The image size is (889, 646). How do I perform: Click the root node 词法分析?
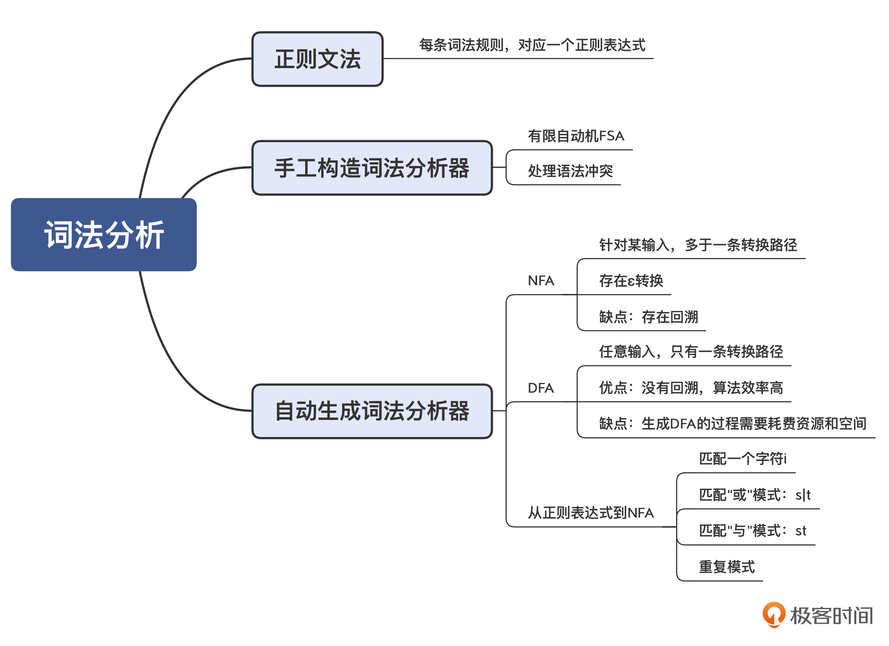104,234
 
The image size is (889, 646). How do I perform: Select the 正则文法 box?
317,59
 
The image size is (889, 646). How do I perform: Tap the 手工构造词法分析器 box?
372,168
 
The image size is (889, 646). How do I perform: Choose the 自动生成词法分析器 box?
372,411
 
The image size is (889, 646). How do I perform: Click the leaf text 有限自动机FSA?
575,136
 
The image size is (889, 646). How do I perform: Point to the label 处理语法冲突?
570,171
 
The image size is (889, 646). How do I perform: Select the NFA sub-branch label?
541,281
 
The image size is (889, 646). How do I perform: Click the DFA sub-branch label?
541,388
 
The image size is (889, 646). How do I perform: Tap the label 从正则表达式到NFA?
590,513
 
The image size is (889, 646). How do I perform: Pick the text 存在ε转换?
631,281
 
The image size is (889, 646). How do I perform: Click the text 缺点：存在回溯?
648,317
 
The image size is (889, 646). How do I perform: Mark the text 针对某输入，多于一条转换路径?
698,245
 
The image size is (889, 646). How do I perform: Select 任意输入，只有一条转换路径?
690,352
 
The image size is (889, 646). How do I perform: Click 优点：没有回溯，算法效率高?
690,388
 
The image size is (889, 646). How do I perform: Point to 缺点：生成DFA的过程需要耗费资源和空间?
732,424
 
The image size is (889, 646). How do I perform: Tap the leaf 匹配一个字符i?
742,459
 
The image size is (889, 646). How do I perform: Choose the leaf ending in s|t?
754,495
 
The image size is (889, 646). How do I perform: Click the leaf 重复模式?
726,567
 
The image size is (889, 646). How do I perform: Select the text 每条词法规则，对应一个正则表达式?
532,45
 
